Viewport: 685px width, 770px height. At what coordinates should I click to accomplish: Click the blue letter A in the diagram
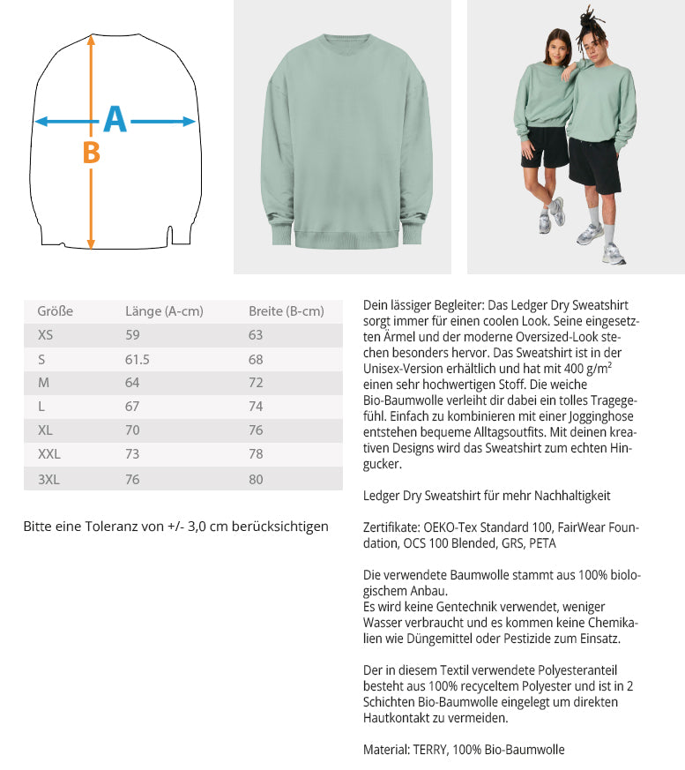click(115, 120)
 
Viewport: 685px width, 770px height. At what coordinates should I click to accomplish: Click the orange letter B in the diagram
click(91, 153)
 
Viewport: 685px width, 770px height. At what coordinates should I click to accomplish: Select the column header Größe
click(55, 311)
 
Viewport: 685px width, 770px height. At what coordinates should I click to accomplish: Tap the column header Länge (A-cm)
click(164, 311)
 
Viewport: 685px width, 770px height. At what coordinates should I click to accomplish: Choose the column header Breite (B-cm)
click(287, 311)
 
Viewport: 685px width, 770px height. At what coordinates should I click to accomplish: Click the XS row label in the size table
click(45, 335)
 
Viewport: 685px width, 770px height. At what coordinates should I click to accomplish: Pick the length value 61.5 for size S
click(138, 359)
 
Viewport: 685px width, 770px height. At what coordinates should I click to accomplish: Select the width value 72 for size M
click(256, 383)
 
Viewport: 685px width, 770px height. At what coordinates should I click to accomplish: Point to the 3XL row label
click(49, 479)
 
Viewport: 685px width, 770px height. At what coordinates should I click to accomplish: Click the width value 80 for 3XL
click(256, 479)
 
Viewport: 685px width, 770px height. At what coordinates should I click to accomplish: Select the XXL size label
click(49, 454)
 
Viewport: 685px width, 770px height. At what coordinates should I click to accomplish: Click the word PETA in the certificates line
click(542, 543)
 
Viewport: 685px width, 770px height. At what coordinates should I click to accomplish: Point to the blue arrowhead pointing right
click(188, 122)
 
